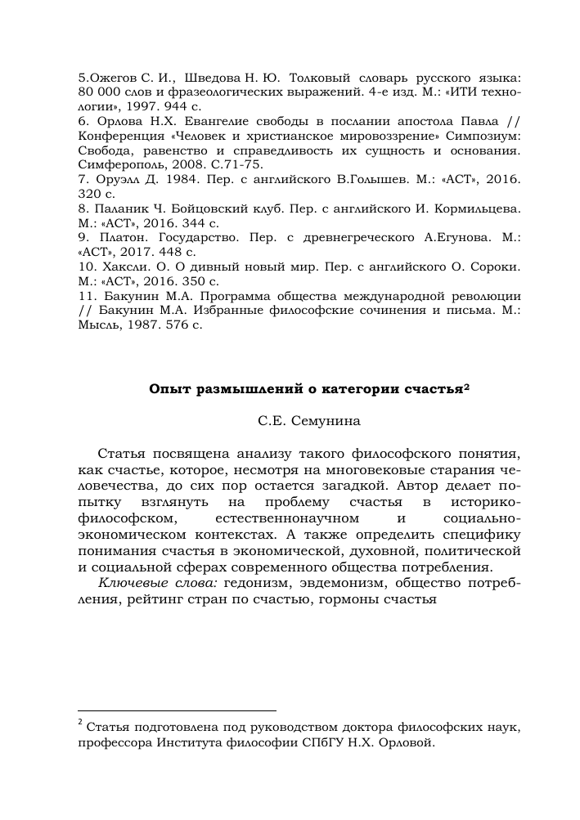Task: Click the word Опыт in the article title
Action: coord(166,388)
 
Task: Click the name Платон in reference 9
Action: coord(118,239)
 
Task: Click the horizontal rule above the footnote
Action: coord(177,710)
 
